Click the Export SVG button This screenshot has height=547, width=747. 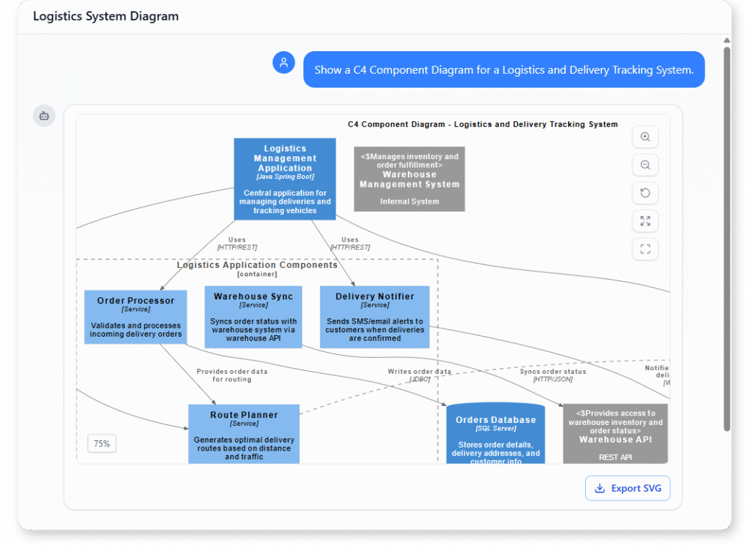627,488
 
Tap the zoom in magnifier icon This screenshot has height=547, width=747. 645,137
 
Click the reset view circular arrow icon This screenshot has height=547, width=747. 645,193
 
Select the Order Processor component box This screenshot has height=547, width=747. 136,317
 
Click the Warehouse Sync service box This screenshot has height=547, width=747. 253,317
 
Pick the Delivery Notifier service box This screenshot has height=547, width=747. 374,317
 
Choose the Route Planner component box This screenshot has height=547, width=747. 244,434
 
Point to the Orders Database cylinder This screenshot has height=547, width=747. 495,436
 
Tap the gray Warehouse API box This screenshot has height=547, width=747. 615,434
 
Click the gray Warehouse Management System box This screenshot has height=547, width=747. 409,179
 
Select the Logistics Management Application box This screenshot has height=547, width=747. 285,179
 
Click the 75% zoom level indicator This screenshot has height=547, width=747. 102,443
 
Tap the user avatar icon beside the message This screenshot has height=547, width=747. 283,63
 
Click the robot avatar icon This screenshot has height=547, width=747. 44,115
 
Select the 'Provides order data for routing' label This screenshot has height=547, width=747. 232,375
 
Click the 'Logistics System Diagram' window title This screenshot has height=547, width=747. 106,16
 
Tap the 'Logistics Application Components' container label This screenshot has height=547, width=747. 257,265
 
